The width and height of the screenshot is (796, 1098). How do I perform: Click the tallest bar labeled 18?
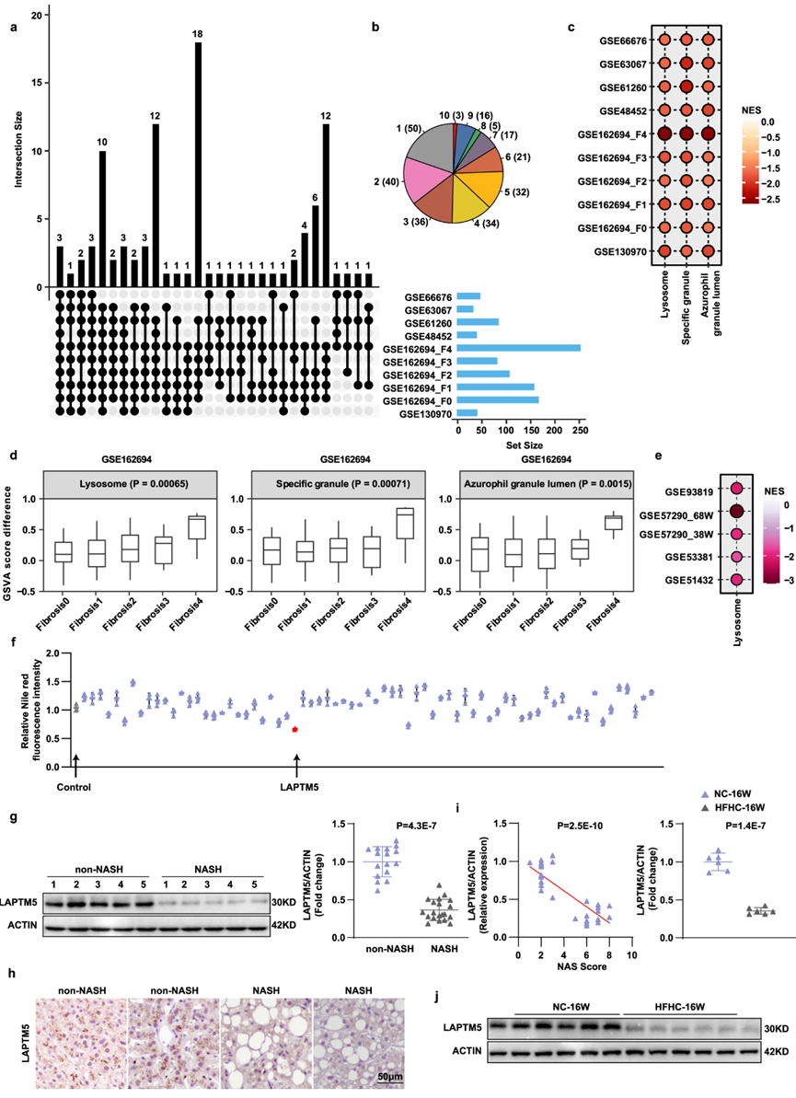(x=198, y=165)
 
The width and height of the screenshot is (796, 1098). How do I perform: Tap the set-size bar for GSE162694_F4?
(x=519, y=348)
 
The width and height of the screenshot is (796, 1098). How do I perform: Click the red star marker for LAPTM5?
(x=294, y=730)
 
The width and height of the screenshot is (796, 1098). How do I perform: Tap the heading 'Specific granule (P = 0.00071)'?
(x=343, y=483)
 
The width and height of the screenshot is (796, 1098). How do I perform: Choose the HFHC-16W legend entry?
(x=734, y=807)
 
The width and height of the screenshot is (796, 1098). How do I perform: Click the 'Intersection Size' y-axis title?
(x=19, y=149)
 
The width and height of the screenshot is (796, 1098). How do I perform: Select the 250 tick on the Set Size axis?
(x=581, y=430)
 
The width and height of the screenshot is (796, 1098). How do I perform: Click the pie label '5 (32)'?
(x=516, y=191)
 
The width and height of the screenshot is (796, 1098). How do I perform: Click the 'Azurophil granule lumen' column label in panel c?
(x=710, y=303)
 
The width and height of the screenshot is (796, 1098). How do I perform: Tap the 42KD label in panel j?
(x=777, y=1052)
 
